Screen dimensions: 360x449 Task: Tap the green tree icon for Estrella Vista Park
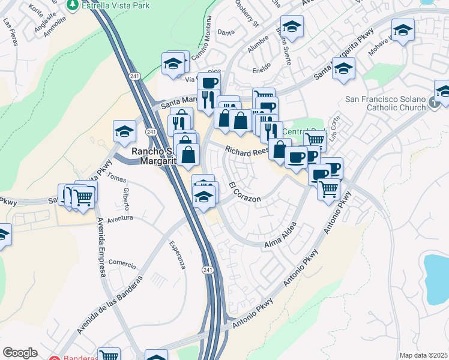(73, 5)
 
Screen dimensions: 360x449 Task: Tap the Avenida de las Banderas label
(110, 305)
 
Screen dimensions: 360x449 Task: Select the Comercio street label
(122, 264)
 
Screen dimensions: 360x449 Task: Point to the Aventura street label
(119, 219)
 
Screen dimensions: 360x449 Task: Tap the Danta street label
(225, 32)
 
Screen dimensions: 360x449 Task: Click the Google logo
(20, 353)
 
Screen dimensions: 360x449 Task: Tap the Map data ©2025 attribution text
(423, 355)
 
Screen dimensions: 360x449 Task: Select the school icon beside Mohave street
(403, 29)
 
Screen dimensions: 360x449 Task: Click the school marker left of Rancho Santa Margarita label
(124, 131)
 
